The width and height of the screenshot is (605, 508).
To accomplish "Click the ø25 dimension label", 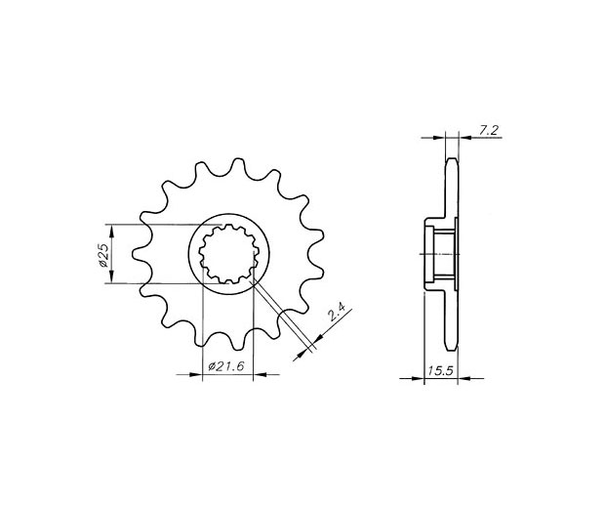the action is click(x=102, y=254).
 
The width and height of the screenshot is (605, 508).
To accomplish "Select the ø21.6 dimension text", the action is click(x=226, y=366).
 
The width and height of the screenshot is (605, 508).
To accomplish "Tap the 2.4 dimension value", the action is click(x=336, y=314).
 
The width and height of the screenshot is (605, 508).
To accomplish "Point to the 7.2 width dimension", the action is click(x=488, y=131).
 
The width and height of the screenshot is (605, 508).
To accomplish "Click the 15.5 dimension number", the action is click(x=439, y=371).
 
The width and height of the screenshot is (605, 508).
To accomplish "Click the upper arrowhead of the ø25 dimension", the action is click(x=112, y=231).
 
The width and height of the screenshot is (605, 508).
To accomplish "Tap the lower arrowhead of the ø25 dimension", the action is click(x=112, y=276).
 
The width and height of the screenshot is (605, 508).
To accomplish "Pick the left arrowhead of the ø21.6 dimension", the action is click(x=195, y=374).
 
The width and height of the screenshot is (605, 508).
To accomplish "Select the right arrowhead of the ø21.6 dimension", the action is click(x=261, y=374).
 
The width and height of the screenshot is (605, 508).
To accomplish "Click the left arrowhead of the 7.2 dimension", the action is click(x=439, y=137).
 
